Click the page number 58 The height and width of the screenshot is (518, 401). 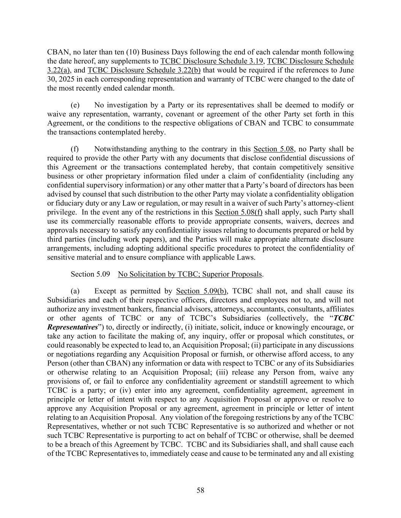pos(200,490)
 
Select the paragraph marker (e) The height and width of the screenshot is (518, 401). pos(75,105)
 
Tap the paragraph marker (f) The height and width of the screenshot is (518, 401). pos(74,149)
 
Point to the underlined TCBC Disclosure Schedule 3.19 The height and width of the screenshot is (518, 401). pos(212,61)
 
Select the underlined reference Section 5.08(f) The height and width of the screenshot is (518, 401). pos(238,212)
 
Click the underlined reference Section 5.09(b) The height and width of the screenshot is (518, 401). pos(201,291)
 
